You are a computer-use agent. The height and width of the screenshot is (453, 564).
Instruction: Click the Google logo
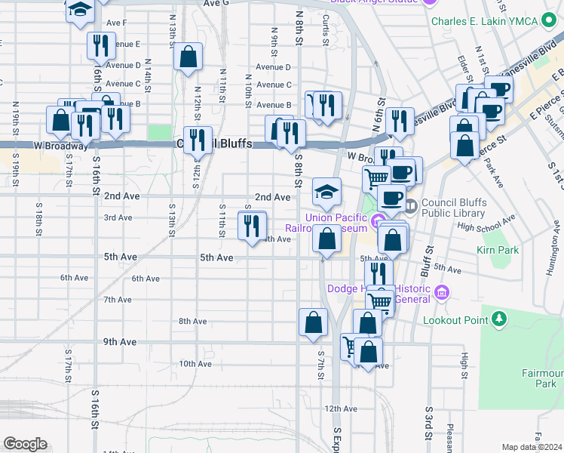click(x=25, y=444)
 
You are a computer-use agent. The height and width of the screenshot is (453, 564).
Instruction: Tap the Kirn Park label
click(x=498, y=250)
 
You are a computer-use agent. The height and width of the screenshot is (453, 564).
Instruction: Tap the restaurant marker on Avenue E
click(x=100, y=46)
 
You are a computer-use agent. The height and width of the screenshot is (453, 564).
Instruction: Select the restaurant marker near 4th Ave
click(x=252, y=225)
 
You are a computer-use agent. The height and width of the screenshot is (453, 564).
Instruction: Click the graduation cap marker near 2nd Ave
click(x=326, y=192)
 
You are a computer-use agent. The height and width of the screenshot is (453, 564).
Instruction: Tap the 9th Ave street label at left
click(x=120, y=342)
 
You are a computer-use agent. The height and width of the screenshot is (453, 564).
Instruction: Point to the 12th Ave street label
click(x=340, y=408)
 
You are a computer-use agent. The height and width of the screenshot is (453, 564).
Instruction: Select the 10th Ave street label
click(x=195, y=364)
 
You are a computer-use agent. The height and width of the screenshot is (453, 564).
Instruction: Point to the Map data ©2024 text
click(x=532, y=447)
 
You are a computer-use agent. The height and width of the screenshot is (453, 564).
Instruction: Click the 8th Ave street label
click(x=192, y=322)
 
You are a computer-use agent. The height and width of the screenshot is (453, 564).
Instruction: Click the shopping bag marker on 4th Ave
click(x=326, y=239)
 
